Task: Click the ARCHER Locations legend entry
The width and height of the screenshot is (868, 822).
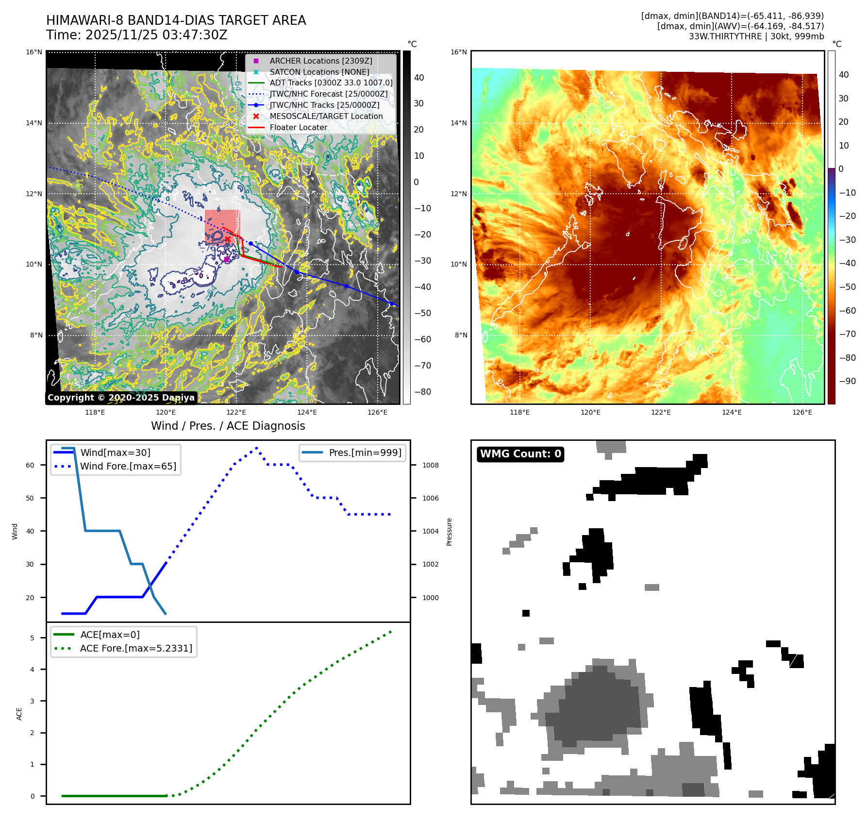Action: point(320,61)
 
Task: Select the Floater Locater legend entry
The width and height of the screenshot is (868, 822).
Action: point(298,127)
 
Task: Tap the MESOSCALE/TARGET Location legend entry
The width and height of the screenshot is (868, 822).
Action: point(326,116)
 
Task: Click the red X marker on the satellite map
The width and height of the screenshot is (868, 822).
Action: point(228,239)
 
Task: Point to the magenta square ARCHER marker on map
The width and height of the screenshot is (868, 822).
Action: point(226,260)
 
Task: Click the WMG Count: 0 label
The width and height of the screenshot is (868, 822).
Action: point(520,454)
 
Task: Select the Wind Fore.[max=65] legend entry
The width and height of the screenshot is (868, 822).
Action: point(128,466)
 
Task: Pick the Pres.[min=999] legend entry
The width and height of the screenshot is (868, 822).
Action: point(365,453)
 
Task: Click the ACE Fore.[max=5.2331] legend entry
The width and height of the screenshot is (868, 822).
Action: point(135,648)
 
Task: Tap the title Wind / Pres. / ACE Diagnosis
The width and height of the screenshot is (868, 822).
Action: point(228,426)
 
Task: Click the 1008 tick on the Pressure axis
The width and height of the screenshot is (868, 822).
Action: point(430,465)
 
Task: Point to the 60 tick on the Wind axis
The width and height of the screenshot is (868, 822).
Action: point(30,465)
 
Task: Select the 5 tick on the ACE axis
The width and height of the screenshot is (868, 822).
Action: point(33,638)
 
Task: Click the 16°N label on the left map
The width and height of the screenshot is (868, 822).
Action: point(34,52)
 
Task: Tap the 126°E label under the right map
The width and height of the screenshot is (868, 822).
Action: point(802,412)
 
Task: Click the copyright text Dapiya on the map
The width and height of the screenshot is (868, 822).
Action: point(178,398)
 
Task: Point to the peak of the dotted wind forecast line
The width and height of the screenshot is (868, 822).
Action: point(256,448)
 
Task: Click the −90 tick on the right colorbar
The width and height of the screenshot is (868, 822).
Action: point(848,381)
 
